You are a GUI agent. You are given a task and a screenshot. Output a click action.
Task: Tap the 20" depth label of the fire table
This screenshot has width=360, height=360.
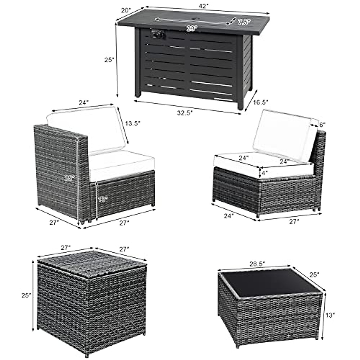click(126, 10)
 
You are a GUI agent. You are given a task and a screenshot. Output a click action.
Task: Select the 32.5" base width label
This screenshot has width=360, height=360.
click(185, 113)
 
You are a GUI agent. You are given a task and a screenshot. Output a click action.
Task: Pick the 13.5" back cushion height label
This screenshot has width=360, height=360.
click(133, 123)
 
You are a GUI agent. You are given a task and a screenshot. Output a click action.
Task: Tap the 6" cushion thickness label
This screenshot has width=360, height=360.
click(322, 125)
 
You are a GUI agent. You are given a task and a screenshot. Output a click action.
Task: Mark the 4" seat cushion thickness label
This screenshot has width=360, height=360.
click(264, 173)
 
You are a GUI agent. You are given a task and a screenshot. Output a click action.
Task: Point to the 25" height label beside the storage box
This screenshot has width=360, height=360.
click(26, 295)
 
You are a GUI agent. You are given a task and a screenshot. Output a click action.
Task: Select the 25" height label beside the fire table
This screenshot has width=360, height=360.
click(109, 60)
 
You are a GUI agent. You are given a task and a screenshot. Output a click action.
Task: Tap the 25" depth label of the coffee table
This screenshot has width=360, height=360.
click(314, 274)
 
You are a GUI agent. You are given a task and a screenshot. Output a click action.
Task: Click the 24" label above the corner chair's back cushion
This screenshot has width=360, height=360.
click(84, 102)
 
